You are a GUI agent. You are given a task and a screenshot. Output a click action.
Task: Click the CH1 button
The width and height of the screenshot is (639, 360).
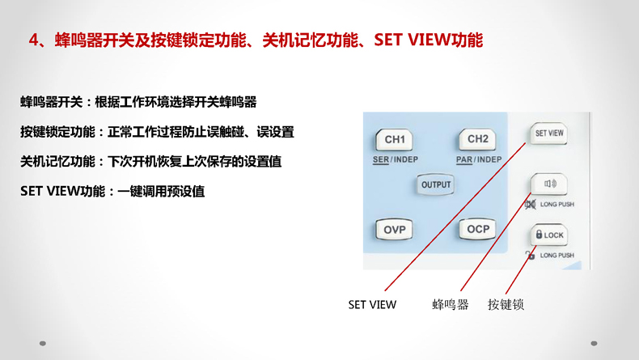tap(394, 140)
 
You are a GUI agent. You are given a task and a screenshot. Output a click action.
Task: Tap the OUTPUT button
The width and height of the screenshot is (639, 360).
tap(436, 184)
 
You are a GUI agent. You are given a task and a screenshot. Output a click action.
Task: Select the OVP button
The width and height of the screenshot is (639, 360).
tap(394, 230)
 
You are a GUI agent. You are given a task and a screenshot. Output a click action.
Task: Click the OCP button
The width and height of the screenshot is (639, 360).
tap(477, 229)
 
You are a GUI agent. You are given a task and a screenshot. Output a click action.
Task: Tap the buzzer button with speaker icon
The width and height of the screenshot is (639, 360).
tap(549, 184)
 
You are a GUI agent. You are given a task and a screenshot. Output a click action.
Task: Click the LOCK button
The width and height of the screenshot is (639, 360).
tap(549, 235)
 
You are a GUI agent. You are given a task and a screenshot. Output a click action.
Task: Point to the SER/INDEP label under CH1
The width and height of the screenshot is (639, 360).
tap(396, 160)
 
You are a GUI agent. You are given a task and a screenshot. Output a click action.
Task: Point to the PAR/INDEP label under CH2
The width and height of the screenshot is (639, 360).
tap(479, 160)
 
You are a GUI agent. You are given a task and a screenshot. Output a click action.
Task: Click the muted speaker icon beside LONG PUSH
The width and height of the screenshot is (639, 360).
tap(530, 204)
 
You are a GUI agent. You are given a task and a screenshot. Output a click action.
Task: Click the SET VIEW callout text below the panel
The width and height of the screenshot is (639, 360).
tap(372, 304)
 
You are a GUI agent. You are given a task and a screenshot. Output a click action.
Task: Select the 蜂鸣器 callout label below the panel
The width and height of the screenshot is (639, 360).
tap(451, 304)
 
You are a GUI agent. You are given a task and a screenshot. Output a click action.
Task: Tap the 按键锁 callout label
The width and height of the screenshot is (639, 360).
tap(506, 304)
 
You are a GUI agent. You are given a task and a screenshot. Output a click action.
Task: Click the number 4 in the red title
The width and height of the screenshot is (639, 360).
tap(33, 40)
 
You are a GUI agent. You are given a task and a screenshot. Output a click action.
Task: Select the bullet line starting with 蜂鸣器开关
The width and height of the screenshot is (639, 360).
tap(138, 102)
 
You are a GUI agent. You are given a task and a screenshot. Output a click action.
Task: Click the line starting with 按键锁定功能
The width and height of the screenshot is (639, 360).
tap(157, 132)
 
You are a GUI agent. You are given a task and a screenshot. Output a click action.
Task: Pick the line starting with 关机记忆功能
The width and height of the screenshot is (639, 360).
tap(150, 162)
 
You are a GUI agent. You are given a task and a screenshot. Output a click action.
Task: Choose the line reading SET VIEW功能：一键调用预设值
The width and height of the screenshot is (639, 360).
tap(112, 191)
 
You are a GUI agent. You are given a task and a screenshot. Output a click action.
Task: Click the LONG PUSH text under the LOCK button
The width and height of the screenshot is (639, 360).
tap(557, 255)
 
